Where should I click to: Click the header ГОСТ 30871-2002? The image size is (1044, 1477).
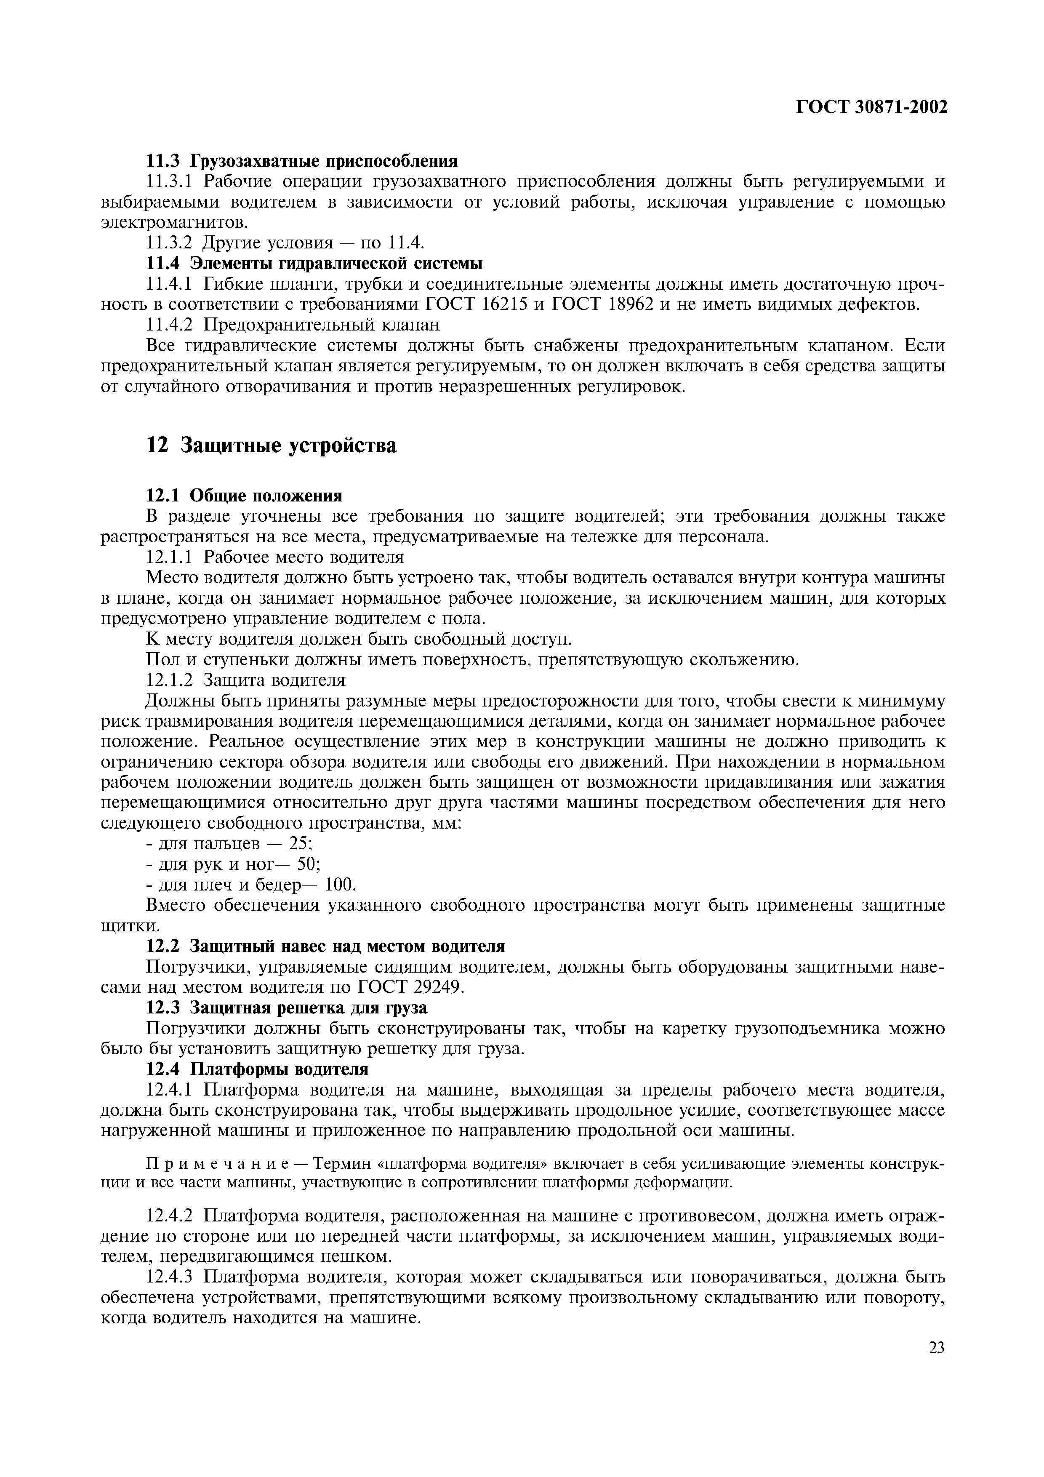(x=871, y=107)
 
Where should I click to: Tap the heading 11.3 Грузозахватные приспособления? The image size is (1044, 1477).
(x=301, y=160)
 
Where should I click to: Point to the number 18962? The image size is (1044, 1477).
(x=633, y=304)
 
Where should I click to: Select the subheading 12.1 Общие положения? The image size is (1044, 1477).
(x=245, y=495)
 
